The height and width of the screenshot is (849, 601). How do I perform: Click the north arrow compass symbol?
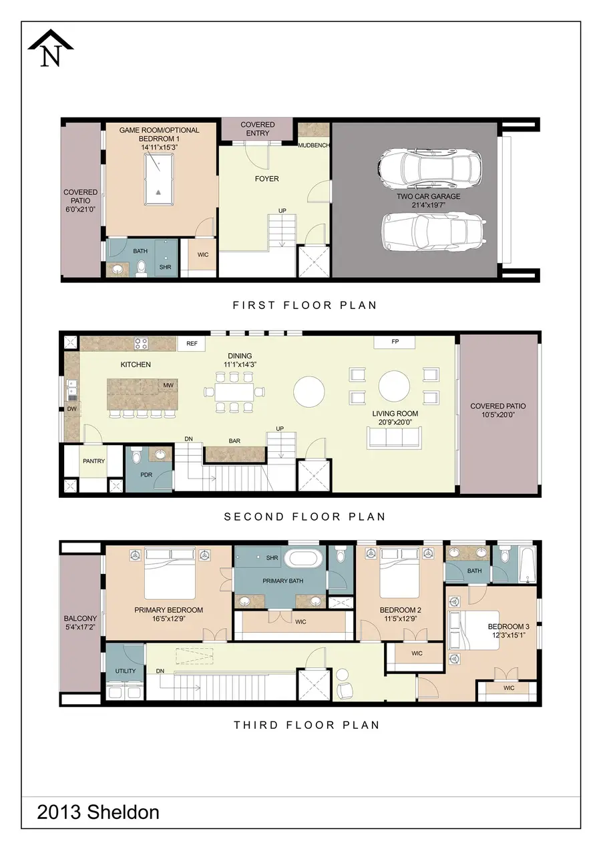pyautogui.click(x=51, y=50)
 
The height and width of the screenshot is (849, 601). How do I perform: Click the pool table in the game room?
pyautogui.click(x=158, y=180)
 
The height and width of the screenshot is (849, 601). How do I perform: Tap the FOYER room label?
pyautogui.click(x=266, y=179)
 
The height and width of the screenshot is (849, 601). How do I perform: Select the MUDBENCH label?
pyautogui.click(x=313, y=145)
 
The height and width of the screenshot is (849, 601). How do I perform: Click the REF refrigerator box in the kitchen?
pyautogui.click(x=192, y=344)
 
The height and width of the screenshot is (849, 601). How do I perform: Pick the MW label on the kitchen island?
pyautogui.click(x=167, y=386)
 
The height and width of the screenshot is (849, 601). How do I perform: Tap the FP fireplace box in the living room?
pyautogui.click(x=395, y=342)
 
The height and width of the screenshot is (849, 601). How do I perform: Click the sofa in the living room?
pyautogui.click(x=393, y=437)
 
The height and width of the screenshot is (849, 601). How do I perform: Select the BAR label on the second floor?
pyautogui.click(x=234, y=441)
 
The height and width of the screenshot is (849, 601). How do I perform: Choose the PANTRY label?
pyautogui.click(x=93, y=461)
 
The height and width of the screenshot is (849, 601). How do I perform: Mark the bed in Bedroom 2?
pyautogui.click(x=399, y=574)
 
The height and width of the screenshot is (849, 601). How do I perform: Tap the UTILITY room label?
pyautogui.click(x=125, y=671)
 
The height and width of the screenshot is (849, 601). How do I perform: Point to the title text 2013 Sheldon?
pyautogui.click(x=98, y=812)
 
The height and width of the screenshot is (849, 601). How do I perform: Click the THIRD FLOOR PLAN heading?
pyautogui.click(x=306, y=725)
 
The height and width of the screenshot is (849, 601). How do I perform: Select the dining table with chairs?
pyautogui.click(x=234, y=392)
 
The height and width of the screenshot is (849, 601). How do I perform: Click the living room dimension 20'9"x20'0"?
pyautogui.click(x=395, y=423)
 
